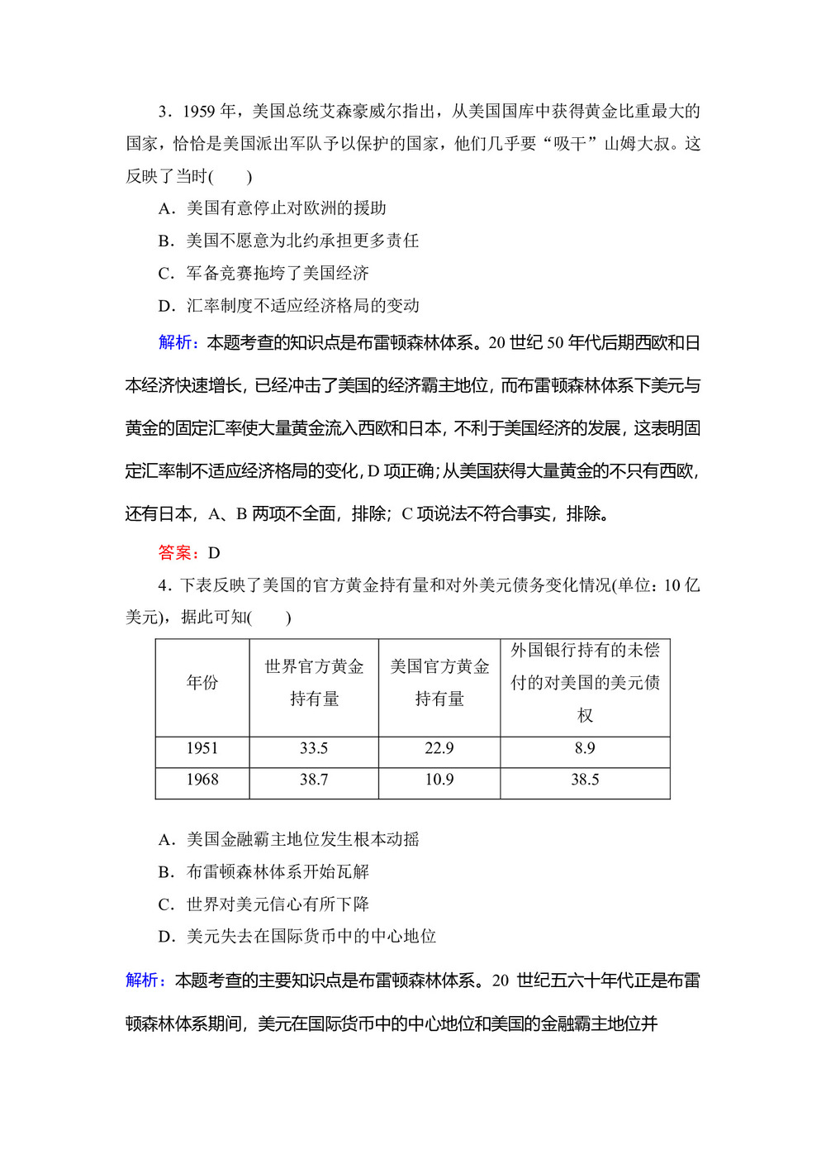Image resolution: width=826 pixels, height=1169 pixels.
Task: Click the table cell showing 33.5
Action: (314, 748)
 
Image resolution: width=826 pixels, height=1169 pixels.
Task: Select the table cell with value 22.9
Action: (439, 748)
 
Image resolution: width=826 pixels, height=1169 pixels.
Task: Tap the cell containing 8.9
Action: (585, 748)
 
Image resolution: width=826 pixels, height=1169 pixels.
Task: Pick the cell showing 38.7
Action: (314, 780)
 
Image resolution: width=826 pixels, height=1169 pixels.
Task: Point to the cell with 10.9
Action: (439, 780)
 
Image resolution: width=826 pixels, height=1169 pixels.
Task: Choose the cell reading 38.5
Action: (585, 780)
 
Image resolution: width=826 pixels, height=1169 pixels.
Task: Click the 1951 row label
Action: (202, 748)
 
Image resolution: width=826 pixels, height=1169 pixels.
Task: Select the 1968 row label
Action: (202, 780)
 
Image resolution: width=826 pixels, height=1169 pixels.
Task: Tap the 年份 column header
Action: (202, 683)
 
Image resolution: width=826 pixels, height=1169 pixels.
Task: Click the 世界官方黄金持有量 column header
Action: (314, 683)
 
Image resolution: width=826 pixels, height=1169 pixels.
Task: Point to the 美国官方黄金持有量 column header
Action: (439, 683)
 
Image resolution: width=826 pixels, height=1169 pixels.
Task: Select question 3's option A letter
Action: (165, 208)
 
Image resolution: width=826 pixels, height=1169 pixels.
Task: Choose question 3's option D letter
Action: (165, 306)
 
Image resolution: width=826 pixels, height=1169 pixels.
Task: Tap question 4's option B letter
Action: (165, 872)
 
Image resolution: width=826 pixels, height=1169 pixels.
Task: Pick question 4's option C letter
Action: (165, 904)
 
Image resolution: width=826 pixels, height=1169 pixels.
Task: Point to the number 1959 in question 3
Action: (198, 112)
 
